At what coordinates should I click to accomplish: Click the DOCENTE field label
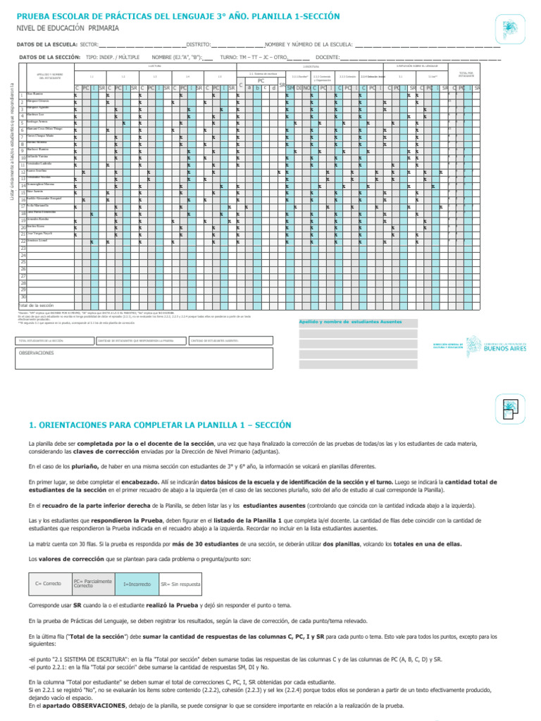(x=327, y=57)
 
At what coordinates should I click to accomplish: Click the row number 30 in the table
(x=23, y=296)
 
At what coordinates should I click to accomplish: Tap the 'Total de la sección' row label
(x=37, y=305)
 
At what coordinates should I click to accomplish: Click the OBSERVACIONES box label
(x=36, y=352)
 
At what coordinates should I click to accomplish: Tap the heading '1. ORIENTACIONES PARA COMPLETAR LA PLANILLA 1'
(x=159, y=425)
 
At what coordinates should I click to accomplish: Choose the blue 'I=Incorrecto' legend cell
(x=137, y=584)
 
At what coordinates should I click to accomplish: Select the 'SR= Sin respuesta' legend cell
(x=180, y=584)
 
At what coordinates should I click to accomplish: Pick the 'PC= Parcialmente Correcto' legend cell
(x=93, y=584)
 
